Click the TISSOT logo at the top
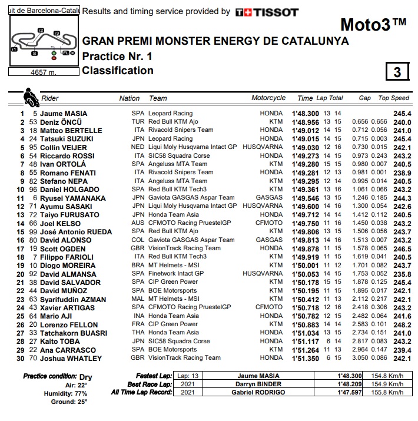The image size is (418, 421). point(266,12)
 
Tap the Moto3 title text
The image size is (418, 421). point(373,25)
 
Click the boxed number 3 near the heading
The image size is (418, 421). point(397,72)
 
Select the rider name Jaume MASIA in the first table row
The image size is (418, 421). point(64,114)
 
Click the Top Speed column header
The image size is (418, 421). point(393,98)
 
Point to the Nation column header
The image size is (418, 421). point(130,98)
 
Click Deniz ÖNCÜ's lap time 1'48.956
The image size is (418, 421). point(304,122)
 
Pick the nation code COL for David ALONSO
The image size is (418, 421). point(139,240)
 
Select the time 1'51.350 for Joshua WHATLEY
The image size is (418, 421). point(304,357)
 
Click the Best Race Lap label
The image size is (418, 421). point(150,384)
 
